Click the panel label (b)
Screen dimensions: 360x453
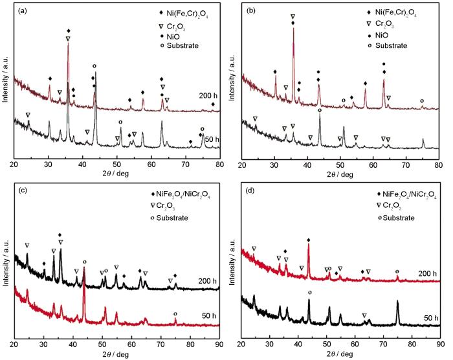(x=249, y=12)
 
